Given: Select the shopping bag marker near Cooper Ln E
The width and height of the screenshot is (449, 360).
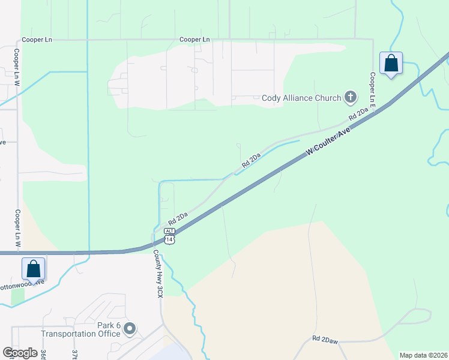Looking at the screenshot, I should [391, 63].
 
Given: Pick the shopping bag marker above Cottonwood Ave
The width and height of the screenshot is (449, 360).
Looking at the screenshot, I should [33, 269].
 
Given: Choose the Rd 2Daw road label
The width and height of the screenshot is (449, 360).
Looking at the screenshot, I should [325, 340].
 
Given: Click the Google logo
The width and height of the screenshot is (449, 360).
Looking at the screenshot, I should [20, 353].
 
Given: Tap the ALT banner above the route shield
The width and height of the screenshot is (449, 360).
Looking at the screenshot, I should [170, 231].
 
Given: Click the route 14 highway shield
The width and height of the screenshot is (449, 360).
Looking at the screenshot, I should [170, 239].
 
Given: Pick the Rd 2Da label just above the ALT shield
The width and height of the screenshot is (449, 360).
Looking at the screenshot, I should [178, 216].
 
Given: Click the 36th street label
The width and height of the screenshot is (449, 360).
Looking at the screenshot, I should [43, 354].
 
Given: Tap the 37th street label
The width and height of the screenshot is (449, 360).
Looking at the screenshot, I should [75, 355].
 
